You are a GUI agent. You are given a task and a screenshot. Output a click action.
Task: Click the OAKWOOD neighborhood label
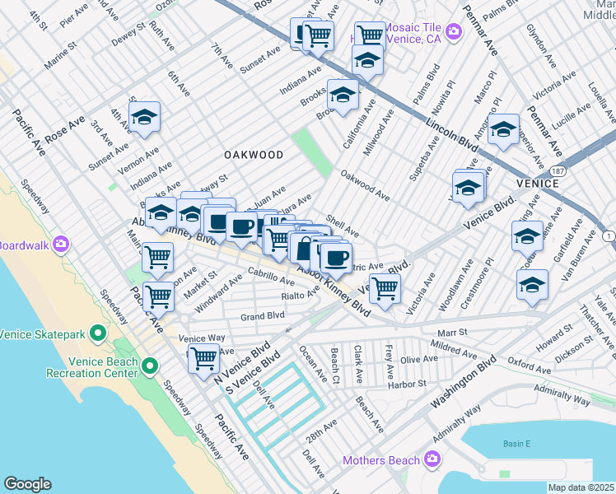(x=254, y=155)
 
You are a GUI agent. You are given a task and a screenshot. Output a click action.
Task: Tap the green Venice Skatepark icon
(x=98, y=333)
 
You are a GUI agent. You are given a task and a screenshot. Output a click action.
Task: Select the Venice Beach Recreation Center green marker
(x=150, y=366)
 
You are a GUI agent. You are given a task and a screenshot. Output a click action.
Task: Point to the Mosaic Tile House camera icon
(x=454, y=32)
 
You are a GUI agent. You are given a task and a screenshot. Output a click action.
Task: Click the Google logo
(x=27, y=484)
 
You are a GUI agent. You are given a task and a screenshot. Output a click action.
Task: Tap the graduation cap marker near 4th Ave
(x=144, y=118)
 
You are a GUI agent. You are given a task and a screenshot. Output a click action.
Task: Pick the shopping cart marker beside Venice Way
(x=203, y=358)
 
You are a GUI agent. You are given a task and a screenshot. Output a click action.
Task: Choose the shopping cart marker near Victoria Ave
(x=384, y=289)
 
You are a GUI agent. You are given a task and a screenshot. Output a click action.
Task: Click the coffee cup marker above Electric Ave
(x=335, y=257)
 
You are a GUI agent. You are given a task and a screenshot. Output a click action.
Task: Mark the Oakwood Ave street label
(x=365, y=185)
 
